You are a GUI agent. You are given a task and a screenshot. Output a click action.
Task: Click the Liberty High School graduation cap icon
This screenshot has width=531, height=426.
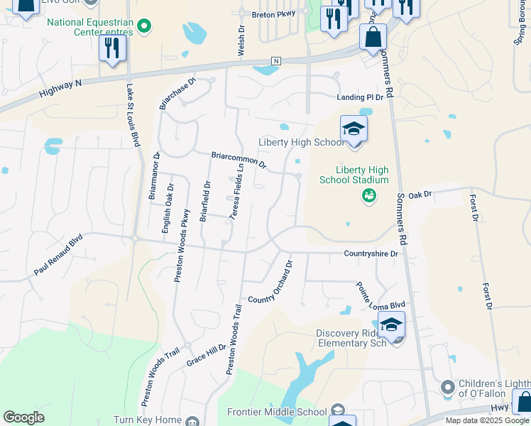(x=354, y=129)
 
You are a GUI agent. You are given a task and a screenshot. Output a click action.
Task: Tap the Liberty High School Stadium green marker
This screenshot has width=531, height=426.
(x=368, y=195)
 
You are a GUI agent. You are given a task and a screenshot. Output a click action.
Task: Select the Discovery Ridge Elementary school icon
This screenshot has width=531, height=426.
(x=390, y=324)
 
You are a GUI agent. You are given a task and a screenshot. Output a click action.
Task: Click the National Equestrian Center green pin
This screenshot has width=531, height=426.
(x=145, y=27)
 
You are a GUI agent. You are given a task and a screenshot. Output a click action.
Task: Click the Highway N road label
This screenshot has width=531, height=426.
(x=61, y=88)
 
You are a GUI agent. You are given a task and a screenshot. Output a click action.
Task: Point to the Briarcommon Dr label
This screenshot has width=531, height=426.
(x=238, y=160)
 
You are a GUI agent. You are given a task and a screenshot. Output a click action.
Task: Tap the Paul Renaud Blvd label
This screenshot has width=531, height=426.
(x=58, y=256)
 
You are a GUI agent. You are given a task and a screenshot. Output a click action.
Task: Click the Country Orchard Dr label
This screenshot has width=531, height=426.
(x=270, y=283)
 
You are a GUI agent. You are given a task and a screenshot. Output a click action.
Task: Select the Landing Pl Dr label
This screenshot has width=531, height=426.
(x=359, y=97)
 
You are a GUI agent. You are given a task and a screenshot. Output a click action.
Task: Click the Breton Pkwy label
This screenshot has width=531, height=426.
(x=273, y=14)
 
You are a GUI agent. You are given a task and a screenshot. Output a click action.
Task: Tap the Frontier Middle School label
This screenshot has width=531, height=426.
(x=277, y=412)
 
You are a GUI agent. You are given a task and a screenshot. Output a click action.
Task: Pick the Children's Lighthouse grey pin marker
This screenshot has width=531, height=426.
(x=447, y=388)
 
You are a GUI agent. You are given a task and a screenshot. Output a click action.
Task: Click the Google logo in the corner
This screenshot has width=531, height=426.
(x=23, y=417)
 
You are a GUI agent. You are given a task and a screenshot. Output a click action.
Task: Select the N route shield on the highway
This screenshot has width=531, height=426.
(x=275, y=61)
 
